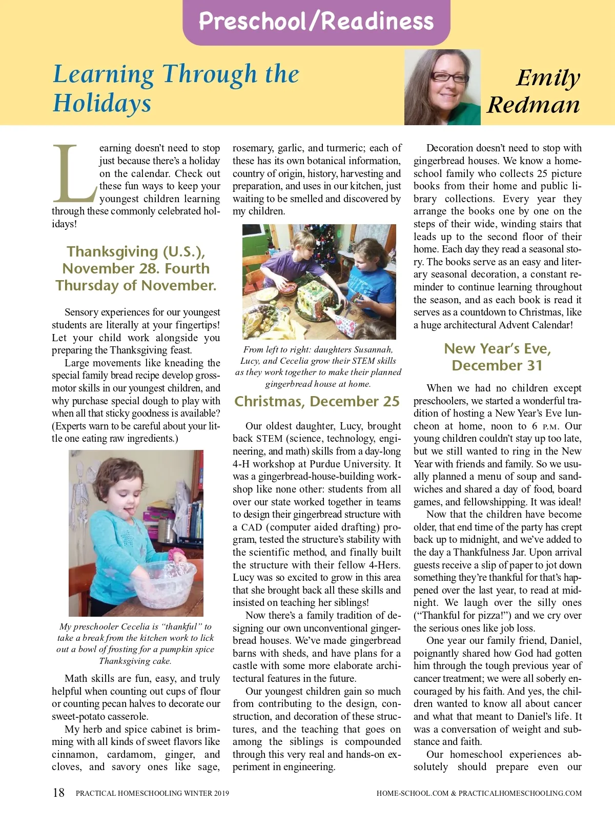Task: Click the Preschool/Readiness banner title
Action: [316, 22]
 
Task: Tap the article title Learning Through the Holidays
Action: [176, 88]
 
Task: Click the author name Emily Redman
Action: [535, 91]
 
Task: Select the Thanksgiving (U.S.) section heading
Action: [136, 268]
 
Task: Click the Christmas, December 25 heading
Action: [317, 401]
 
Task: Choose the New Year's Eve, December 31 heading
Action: [497, 357]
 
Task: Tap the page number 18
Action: [59, 793]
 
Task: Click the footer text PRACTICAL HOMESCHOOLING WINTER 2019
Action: [152, 793]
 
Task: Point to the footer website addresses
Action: [479, 793]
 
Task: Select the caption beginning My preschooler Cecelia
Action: [135, 643]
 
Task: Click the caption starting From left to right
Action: [318, 366]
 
